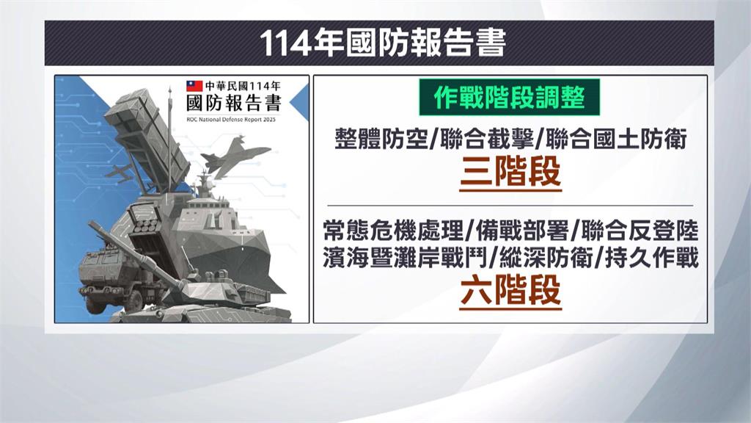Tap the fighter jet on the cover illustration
pos(237,157)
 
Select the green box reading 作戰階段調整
pos(510,99)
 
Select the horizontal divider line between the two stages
pos(510,205)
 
